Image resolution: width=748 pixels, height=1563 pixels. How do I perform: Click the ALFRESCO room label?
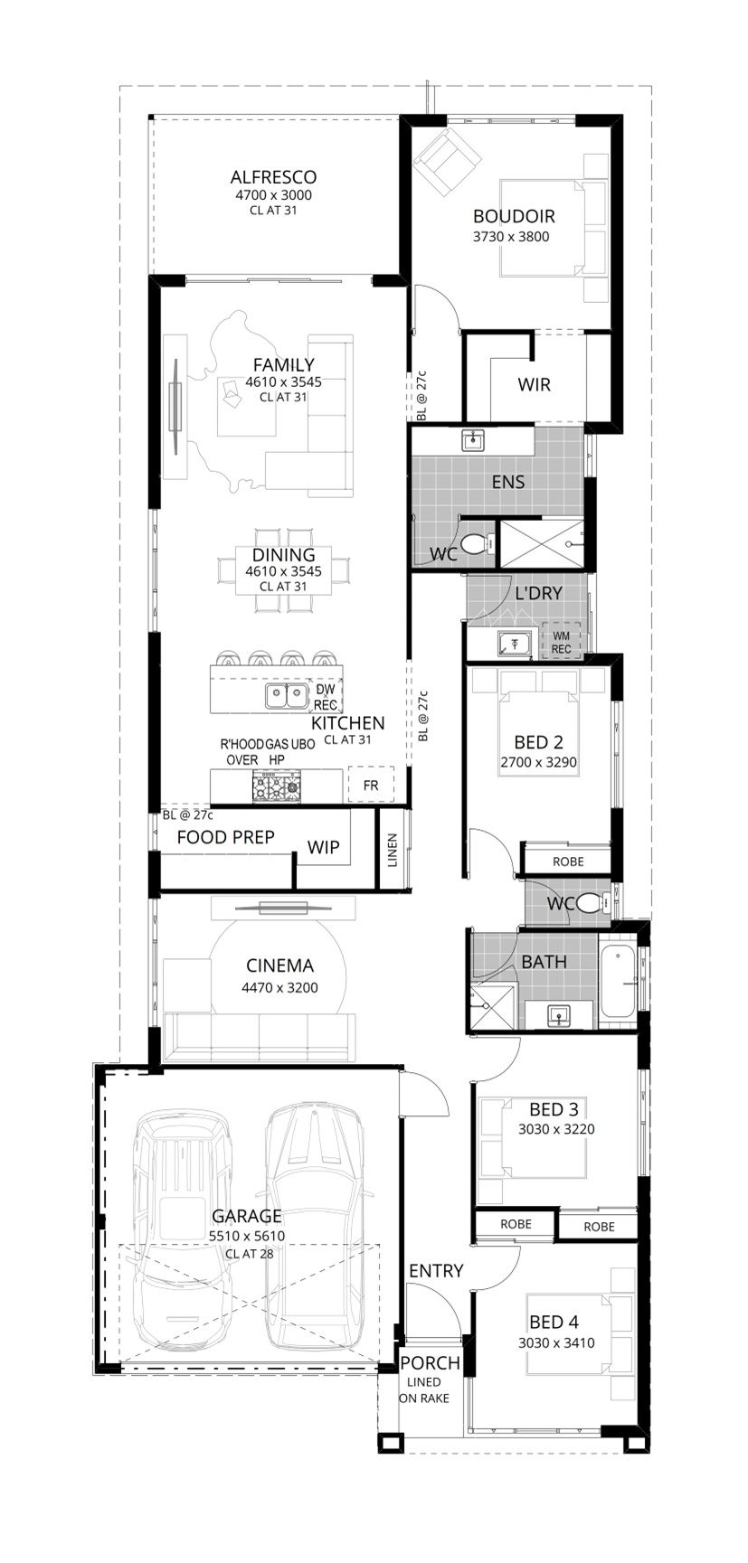273,177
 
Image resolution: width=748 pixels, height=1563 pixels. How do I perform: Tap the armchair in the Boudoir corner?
446,161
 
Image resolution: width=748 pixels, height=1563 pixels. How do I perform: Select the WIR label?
534,384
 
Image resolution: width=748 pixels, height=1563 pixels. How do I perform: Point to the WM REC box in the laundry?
562,642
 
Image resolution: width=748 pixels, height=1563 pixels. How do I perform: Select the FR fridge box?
371,786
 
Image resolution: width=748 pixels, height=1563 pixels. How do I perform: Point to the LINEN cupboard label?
393,851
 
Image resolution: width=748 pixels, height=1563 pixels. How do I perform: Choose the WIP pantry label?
323,847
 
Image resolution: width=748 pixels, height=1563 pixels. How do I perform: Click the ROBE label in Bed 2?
568,862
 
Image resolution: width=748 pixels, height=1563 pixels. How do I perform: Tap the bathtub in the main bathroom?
617,983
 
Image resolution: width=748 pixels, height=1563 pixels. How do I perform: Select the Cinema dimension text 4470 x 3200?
279,988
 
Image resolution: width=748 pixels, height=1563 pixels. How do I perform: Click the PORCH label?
430,1362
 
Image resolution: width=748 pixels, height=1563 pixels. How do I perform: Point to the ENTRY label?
436,1270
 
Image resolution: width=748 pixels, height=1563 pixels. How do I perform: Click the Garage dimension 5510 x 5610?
247,1236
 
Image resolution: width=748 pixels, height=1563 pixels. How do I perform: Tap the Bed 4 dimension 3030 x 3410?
556,1342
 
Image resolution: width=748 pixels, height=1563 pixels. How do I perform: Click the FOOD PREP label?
225,837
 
